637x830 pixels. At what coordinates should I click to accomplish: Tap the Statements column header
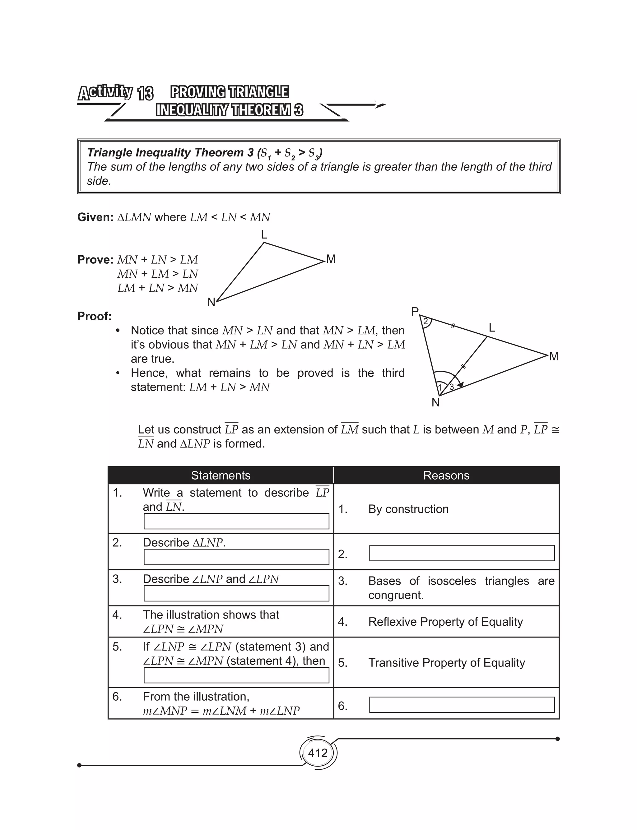click(x=221, y=475)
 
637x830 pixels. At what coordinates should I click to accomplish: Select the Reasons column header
click(x=446, y=475)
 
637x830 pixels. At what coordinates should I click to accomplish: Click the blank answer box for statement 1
click(x=236, y=521)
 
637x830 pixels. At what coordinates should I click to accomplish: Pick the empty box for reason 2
click(x=462, y=553)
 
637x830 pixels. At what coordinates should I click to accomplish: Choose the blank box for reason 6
click(x=462, y=705)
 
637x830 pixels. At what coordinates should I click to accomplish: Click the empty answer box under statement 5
click(x=236, y=675)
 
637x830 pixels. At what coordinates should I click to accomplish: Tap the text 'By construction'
click(x=408, y=509)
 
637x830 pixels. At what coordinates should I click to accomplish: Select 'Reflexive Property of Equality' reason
click(x=445, y=622)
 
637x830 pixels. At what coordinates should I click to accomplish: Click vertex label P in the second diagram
click(x=415, y=312)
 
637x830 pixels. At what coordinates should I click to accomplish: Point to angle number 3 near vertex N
click(x=452, y=387)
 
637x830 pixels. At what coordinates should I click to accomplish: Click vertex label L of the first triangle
click(x=264, y=234)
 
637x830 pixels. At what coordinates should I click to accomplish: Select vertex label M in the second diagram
click(x=554, y=356)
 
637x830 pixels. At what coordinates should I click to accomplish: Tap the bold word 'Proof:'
click(x=95, y=316)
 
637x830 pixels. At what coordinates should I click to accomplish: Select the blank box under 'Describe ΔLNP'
click(x=236, y=557)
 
